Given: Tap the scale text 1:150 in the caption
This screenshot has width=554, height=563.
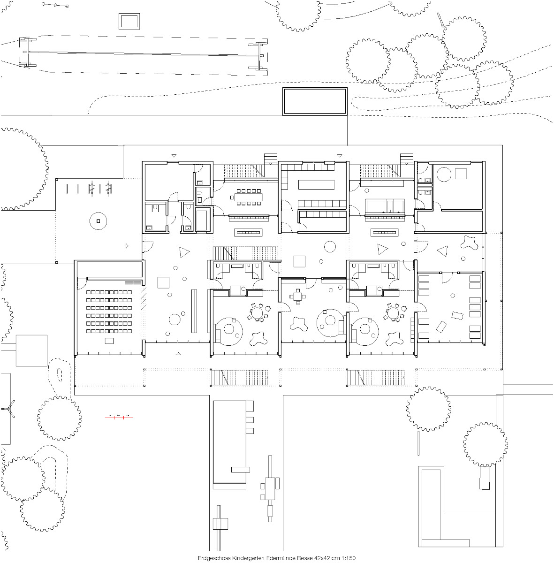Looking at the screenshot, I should (348, 558).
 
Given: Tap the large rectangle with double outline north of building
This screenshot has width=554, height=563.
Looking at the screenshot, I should (315, 101).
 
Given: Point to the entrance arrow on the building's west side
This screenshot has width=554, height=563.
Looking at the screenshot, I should (126, 245).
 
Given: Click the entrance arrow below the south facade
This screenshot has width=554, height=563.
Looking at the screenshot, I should (178, 353).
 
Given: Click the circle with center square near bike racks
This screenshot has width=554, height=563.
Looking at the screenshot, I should (98, 221).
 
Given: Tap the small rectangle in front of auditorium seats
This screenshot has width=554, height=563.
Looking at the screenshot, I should (109, 340).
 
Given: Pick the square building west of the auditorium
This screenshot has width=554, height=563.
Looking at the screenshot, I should (31, 350).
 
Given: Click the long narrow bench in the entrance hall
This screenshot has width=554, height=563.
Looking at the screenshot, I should (193, 311).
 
